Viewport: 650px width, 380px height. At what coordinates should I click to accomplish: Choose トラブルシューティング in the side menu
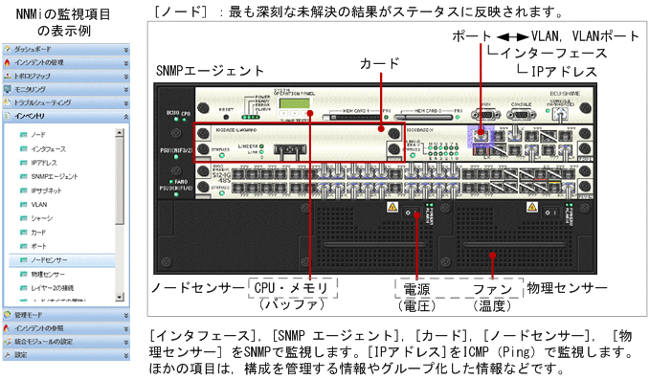pos(42,101)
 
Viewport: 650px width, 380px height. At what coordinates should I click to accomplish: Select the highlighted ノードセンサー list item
pos(49,259)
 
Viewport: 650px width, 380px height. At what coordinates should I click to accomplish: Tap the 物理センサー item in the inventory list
pos(47,274)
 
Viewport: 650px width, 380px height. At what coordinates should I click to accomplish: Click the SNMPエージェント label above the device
pos(210,72)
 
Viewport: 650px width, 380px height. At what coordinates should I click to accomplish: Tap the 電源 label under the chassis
pos(415,287)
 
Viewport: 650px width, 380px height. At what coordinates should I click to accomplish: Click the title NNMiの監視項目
pos(64,14)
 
